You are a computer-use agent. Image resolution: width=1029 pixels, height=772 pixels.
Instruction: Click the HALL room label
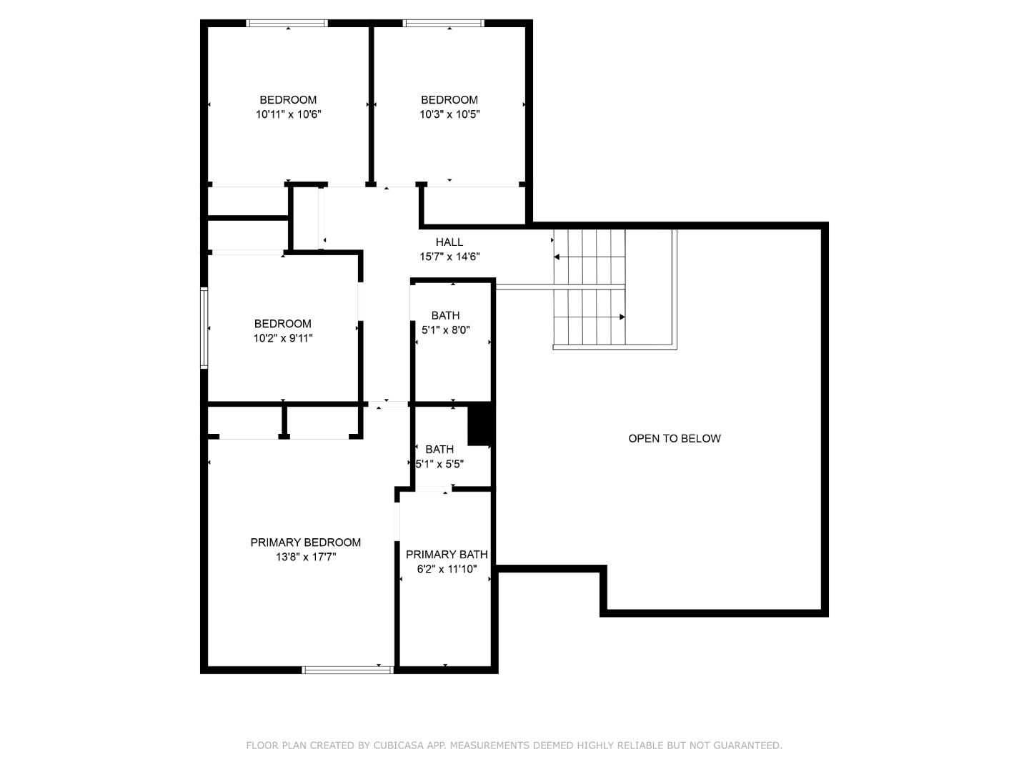[449, 242]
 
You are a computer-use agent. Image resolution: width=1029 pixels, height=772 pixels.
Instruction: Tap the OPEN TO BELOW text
[674, 438]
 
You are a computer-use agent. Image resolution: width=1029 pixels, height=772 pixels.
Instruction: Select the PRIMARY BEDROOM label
[305, 543]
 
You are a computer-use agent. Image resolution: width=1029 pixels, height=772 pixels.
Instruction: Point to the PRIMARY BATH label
[447, 555]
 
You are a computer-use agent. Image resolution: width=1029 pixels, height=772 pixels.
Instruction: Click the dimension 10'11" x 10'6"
[288, 114]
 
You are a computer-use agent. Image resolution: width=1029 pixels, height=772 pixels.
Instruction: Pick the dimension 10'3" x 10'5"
[449, 114]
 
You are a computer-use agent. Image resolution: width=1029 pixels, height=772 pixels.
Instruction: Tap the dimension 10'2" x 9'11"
[283, 338]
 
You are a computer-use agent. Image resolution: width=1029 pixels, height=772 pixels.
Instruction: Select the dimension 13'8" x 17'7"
[305, 557]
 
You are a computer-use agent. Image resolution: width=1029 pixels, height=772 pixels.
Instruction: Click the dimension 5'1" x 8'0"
[445, 330]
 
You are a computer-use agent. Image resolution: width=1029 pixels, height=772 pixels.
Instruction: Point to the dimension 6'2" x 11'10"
[447, 569]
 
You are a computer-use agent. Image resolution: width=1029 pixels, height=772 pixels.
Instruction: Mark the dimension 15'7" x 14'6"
[449, 257]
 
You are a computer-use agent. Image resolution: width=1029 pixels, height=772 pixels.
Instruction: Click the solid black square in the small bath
[480, 423]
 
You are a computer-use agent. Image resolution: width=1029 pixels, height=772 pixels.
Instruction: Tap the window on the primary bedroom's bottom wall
[347, 670]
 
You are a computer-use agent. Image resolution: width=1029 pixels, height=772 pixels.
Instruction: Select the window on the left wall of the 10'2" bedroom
[204, 327]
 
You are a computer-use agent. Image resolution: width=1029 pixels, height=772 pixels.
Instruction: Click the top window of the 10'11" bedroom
[287, 24]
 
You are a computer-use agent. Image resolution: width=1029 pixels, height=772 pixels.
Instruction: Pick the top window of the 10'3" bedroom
[444, 24]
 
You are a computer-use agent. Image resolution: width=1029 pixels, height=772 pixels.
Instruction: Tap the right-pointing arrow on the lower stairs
[622, 317]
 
